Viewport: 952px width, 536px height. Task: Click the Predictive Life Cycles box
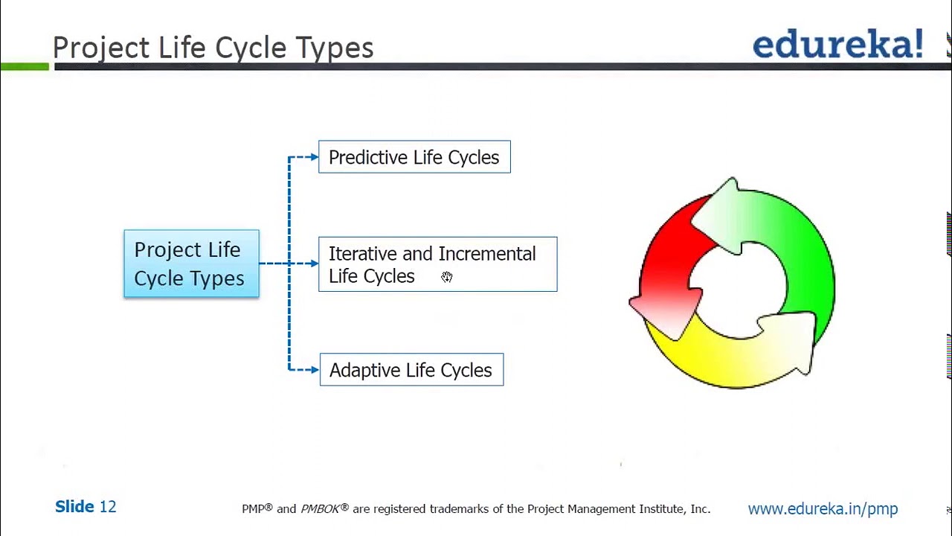(414, 157)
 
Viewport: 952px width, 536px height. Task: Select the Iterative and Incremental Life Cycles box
(437, 264)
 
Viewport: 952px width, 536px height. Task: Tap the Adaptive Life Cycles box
(411, 370)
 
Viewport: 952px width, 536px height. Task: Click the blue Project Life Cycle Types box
(191, 264)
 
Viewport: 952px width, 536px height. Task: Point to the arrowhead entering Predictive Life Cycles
(314, 157)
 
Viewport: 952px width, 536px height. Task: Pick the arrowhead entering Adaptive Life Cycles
(314, 369)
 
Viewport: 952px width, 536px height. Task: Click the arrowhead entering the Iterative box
(314, 264)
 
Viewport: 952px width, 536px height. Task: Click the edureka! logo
(837, 45)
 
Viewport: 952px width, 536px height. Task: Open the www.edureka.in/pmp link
(823, 509)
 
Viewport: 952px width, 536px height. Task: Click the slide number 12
(108, 507)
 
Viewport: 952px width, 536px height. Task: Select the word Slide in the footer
(74, 507)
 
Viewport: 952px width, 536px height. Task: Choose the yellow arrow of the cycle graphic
(729, 357)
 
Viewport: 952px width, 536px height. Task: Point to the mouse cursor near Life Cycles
(446, 277)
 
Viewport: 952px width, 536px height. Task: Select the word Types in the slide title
(335, 48)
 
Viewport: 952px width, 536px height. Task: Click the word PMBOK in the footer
(321, 509)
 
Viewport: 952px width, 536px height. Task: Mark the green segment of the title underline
(25, 67)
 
